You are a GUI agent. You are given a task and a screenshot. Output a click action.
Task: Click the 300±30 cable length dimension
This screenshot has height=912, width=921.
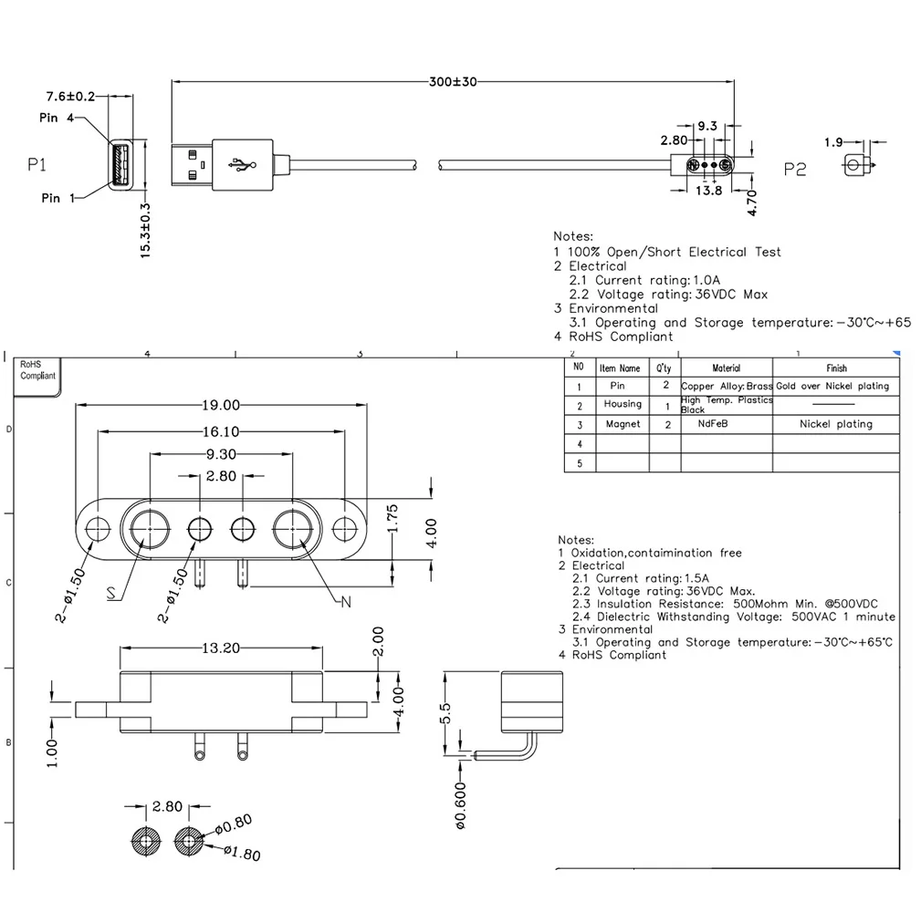[x=453, y=82]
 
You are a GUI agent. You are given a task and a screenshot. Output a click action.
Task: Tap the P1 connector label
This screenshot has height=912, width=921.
[x=37, y=165]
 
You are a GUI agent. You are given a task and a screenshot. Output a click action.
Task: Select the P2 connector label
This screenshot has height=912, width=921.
[x=795, y=170]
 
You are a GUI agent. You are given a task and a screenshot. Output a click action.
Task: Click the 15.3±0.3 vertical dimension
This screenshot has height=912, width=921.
[x=145, y=232]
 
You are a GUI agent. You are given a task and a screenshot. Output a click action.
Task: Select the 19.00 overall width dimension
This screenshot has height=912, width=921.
[x=221, y=405]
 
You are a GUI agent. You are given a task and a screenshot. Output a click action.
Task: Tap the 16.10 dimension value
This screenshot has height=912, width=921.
[x=221, y=431]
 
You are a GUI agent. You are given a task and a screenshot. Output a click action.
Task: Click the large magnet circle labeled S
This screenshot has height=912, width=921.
[x=148, y=528]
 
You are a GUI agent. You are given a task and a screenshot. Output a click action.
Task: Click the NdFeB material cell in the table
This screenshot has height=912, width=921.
[x=726, y=424]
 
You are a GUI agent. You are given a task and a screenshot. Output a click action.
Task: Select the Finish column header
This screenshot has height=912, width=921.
[x=836, y=368]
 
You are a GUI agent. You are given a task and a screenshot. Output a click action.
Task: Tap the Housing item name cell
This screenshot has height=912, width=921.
[x=623, y=404]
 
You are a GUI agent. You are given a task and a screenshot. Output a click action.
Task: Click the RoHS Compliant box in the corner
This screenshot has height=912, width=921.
[x=38, y=370]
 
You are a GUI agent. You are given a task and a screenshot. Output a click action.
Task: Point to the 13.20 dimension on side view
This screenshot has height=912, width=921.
[x=220, y=648]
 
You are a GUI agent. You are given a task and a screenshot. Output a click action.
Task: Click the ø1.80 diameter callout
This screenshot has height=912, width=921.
[x=241, y=854]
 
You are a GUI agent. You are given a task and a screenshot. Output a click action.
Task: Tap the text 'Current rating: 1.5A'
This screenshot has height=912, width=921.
[x=640, y=578]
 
